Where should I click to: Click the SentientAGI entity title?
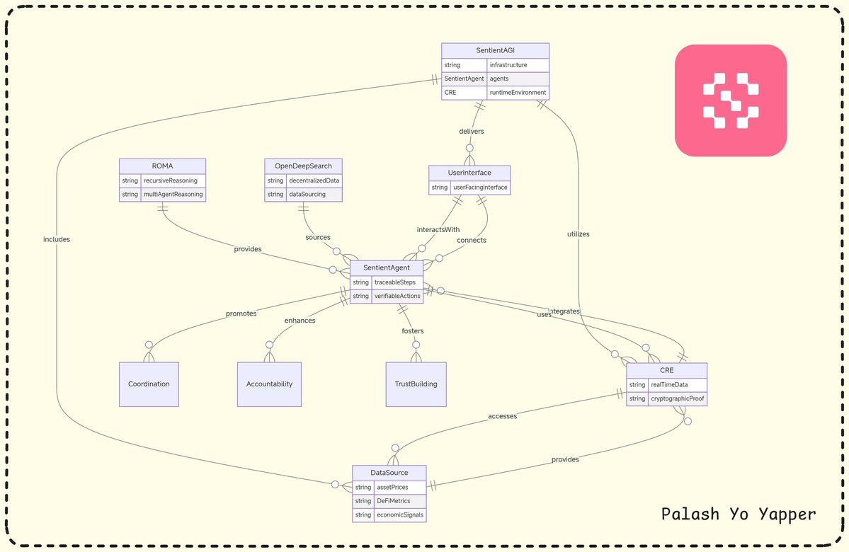click(x=495, y=51)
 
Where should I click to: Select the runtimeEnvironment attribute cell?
click(x=518, y=93)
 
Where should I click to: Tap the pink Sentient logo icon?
click(x=730, y=100)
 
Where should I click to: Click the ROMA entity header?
click(x=162, y=166)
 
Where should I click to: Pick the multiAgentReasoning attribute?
click(x=173, y=194)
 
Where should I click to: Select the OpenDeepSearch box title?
click(x=303, y=166)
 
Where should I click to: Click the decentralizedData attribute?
click(x=313, y=180)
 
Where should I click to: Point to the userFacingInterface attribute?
click(x=479, y=188)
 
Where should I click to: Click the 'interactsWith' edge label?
click(x=438, y=230)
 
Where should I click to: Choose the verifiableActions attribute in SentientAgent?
click(x=397, y=296)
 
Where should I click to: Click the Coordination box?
click(x=149, y=384)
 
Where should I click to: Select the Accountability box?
click(x=269, y=384)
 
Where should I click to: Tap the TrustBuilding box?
click(x=416, y=384)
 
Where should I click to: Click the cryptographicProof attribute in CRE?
click(x=677, y=398)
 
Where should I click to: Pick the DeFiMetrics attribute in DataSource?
click(x=393, y=501)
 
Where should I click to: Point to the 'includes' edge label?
click(x=57, y=239)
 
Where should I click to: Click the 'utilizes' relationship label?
click(x=578, y=234)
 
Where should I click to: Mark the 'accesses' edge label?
click(x=502, y=416)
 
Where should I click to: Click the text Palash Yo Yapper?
click(x=738, y=514)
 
